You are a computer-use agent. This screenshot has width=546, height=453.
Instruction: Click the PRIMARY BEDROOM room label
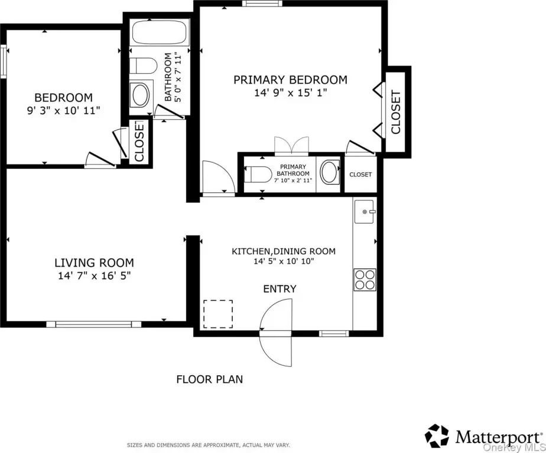(x=290, y=80)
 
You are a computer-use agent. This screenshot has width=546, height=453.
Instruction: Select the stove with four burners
(x=365, y=280)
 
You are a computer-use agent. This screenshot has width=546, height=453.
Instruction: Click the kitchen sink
(x=364, y=211)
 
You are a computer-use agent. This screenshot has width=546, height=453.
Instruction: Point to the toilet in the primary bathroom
(x=258, y=174)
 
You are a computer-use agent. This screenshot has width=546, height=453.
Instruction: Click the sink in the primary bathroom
(x=329, y=172)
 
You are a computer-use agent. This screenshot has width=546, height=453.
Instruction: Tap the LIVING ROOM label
(x=94, y=262)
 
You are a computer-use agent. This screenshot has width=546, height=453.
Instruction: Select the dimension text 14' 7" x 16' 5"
(x=94, y=275)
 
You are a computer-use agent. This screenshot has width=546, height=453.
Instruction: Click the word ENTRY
(x=279, y=289)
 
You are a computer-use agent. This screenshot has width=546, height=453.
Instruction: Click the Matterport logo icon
(x=437, y=436)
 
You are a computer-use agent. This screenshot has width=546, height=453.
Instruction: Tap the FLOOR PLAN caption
(x=210, y=379)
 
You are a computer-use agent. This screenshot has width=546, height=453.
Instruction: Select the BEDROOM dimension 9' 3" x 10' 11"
(x=63, y=110)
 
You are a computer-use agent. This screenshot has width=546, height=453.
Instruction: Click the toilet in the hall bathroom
(x=143, y=65)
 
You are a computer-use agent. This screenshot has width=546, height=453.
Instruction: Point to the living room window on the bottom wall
(x=94, y=324)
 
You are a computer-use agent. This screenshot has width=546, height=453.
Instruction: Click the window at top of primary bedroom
(x=262, y=4)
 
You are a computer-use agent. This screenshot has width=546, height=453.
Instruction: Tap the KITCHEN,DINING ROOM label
(x=284, y=251)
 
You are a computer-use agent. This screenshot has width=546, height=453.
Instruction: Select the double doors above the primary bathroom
(x=291, y=146)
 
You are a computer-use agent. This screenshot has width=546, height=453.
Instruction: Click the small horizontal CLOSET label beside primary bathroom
(x=360, y=175)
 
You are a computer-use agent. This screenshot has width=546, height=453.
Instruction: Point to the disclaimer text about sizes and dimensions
(x=208, y=445)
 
